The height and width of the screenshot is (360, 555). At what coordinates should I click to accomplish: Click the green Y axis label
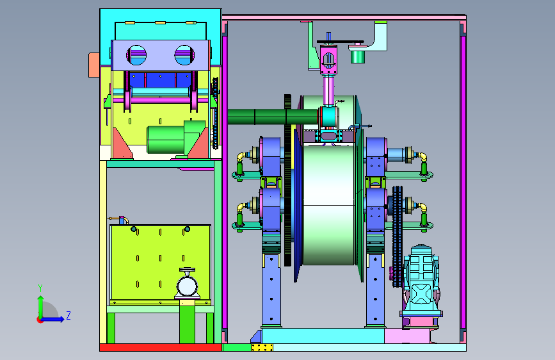pos(40,288)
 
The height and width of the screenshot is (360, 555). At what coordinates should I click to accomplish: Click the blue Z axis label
pos(68,315)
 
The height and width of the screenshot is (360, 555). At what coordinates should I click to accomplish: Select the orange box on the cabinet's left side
pos(94,65)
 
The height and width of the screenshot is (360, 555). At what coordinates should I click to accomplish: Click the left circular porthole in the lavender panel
pos(136,55)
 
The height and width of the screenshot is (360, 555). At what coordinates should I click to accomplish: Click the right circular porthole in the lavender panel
pos(184,55)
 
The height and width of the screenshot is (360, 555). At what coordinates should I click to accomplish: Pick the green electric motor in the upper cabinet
pos(176,138)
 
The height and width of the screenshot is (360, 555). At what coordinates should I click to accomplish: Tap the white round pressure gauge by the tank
pos(187,286)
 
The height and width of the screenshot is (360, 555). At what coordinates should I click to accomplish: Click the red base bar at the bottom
pos(161,348)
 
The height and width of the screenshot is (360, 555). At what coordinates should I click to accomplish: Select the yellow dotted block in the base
pos(262,348)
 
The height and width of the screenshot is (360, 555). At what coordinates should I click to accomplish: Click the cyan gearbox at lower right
pos(421,280)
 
